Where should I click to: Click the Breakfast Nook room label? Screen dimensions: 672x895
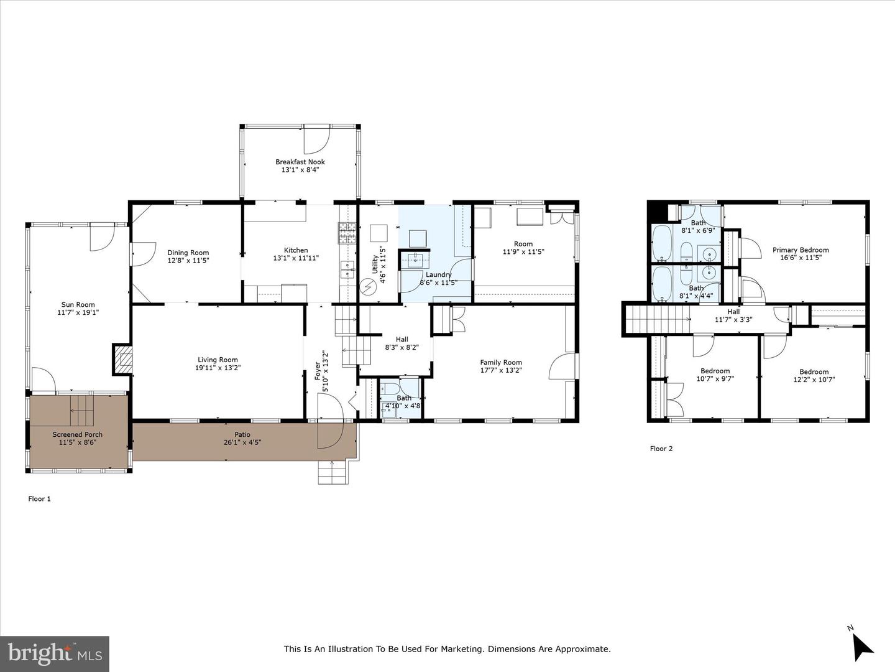click(x=300, y=162)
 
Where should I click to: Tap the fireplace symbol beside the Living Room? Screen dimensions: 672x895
click(x=123, y=360)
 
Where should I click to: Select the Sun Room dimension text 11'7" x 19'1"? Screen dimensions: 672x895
click(x=78, y=313)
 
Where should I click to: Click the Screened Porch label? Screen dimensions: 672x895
click(x=78, y=434)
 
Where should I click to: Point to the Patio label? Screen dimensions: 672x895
click(x=242, y=434)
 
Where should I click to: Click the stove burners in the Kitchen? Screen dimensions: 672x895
click(x=347, y=233)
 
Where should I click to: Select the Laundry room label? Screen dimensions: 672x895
click(x=439, y=274)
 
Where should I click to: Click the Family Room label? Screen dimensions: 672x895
click(x=501, y=362)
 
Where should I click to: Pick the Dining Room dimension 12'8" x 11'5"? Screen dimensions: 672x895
click(x=188, y=261)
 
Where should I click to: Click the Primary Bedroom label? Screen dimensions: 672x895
click(x=801, y=250)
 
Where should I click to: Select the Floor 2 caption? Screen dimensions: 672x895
click(x=661, y=449)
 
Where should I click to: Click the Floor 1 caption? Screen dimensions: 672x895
click(x=40, y=498)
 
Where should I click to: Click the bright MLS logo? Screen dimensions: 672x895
click(x=55, y=653)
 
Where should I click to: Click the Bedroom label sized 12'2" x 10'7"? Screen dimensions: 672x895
click(x=814, y=371)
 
